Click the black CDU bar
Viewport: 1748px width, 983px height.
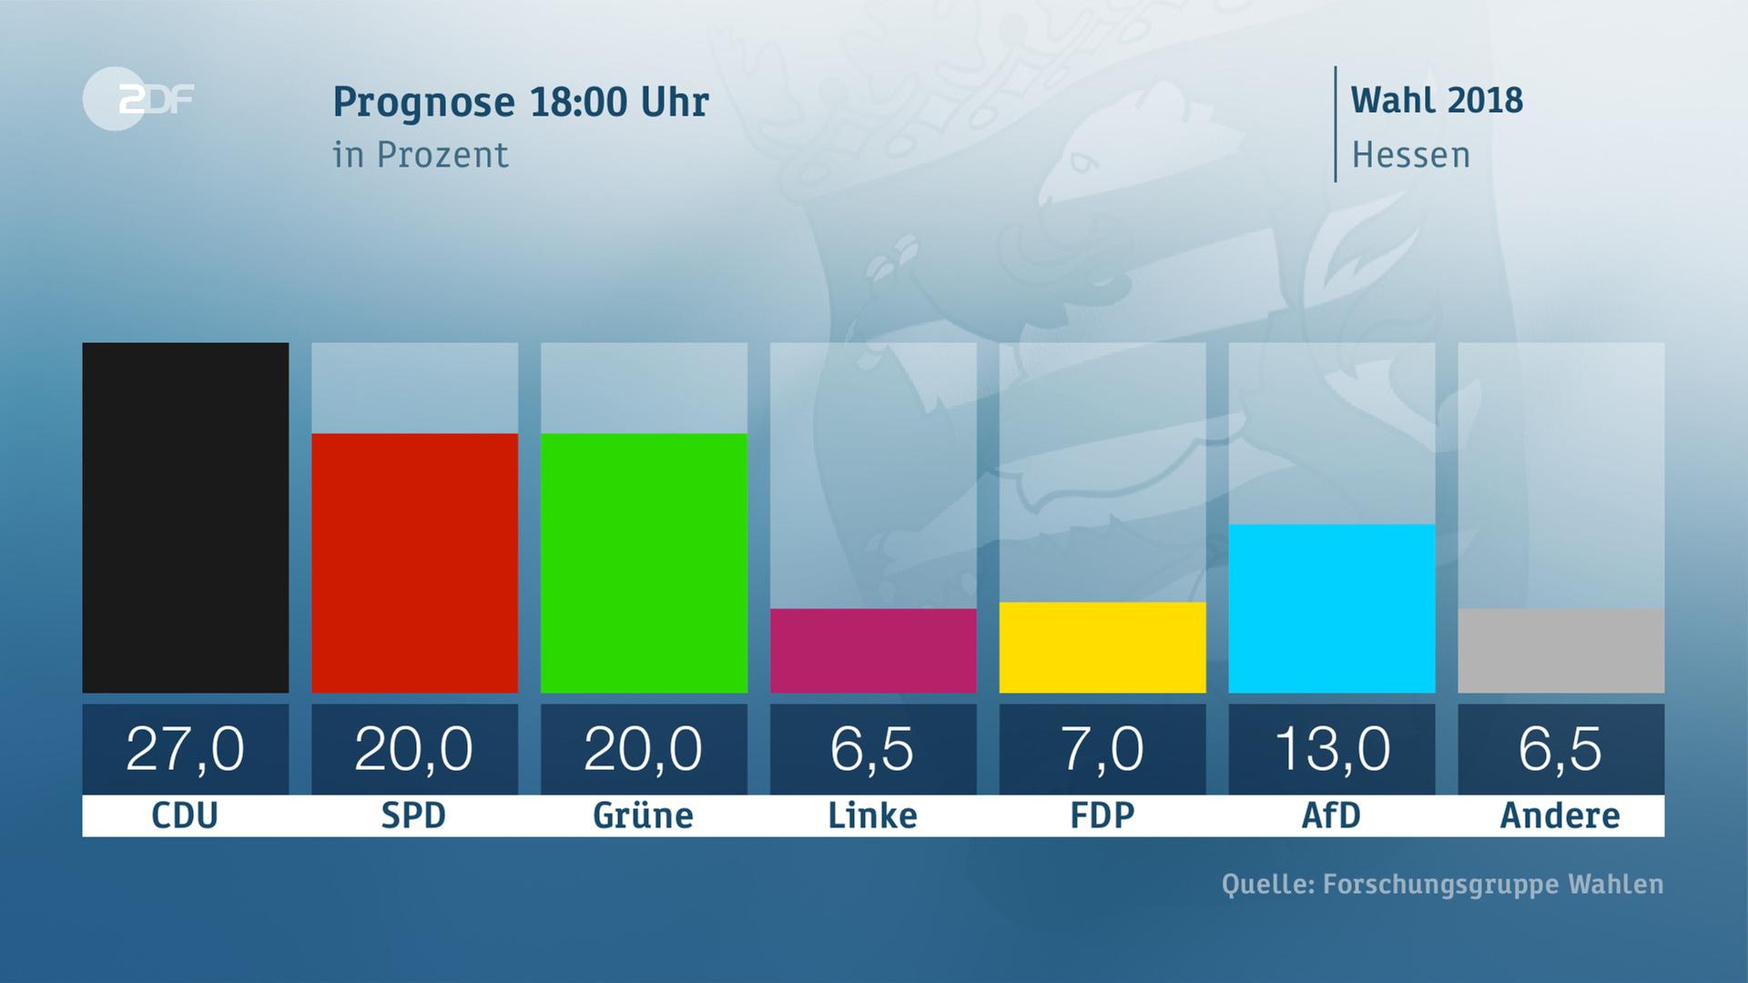185,517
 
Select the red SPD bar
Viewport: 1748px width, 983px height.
414,562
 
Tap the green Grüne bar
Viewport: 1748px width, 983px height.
644,562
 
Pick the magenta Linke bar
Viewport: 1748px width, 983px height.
873,650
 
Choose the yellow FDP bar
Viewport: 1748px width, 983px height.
1103,646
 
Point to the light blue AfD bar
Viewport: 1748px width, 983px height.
1332,608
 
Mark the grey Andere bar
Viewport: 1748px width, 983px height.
1560,650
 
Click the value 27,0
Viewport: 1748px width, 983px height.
185,749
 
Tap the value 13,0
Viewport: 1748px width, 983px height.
1332,749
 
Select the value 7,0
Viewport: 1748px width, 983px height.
1103,749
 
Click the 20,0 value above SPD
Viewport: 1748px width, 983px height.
414,749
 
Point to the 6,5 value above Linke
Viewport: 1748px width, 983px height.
873,749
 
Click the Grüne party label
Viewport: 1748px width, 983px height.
644,816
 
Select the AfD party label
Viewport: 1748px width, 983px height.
1332,816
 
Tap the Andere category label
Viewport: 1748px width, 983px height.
1560,816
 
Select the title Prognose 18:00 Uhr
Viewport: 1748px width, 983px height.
520,102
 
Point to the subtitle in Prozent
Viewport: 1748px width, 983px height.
421,155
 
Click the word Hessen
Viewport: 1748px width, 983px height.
1410,155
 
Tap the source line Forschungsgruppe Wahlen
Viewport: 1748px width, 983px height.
1442,884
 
